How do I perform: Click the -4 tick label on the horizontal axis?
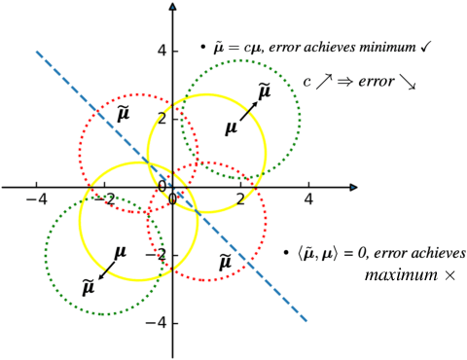click(x=37, y=200)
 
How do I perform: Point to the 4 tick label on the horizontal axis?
click(x=308, y=200)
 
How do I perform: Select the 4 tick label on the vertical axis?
click(x=162, y=51)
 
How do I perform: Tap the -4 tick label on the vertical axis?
click(x=158, y=323)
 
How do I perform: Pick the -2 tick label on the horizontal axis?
click(x=105, y=200)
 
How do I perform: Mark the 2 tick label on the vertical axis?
click(x=162, y=119)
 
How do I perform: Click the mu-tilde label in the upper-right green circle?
click(x=264, y=91)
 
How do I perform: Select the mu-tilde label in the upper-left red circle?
click(x=124, y=114)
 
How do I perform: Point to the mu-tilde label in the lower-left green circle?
click(x=89, y=286)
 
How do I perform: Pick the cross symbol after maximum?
click(x=449, y=276)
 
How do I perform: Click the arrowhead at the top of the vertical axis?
click(x=172, y=8)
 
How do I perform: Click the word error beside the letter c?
click(x=372, y=81)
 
